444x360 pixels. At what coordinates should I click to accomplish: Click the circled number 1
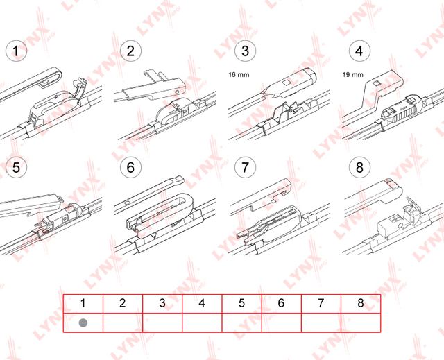[15, 50]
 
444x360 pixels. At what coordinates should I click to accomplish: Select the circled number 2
[130, 50]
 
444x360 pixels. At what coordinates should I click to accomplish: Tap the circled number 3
[244, 50]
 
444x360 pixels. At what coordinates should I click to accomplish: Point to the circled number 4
[358, 50]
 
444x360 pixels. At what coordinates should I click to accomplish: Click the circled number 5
[15, 167]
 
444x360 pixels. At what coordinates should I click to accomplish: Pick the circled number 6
[130, 167]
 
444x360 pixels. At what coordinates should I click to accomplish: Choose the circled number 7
[244, 167]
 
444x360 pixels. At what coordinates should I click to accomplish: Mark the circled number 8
[358, 167]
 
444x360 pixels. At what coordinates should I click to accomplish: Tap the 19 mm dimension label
[352, 72]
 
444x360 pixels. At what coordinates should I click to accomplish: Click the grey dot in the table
[83, 323]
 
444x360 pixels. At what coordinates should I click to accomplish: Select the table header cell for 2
[122, 303]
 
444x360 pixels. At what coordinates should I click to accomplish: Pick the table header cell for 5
[241, 303]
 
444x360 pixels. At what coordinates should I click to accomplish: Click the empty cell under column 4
[202, 323]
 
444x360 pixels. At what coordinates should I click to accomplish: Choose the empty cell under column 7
[321, 323]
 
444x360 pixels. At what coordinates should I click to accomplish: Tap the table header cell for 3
[162, 303]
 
